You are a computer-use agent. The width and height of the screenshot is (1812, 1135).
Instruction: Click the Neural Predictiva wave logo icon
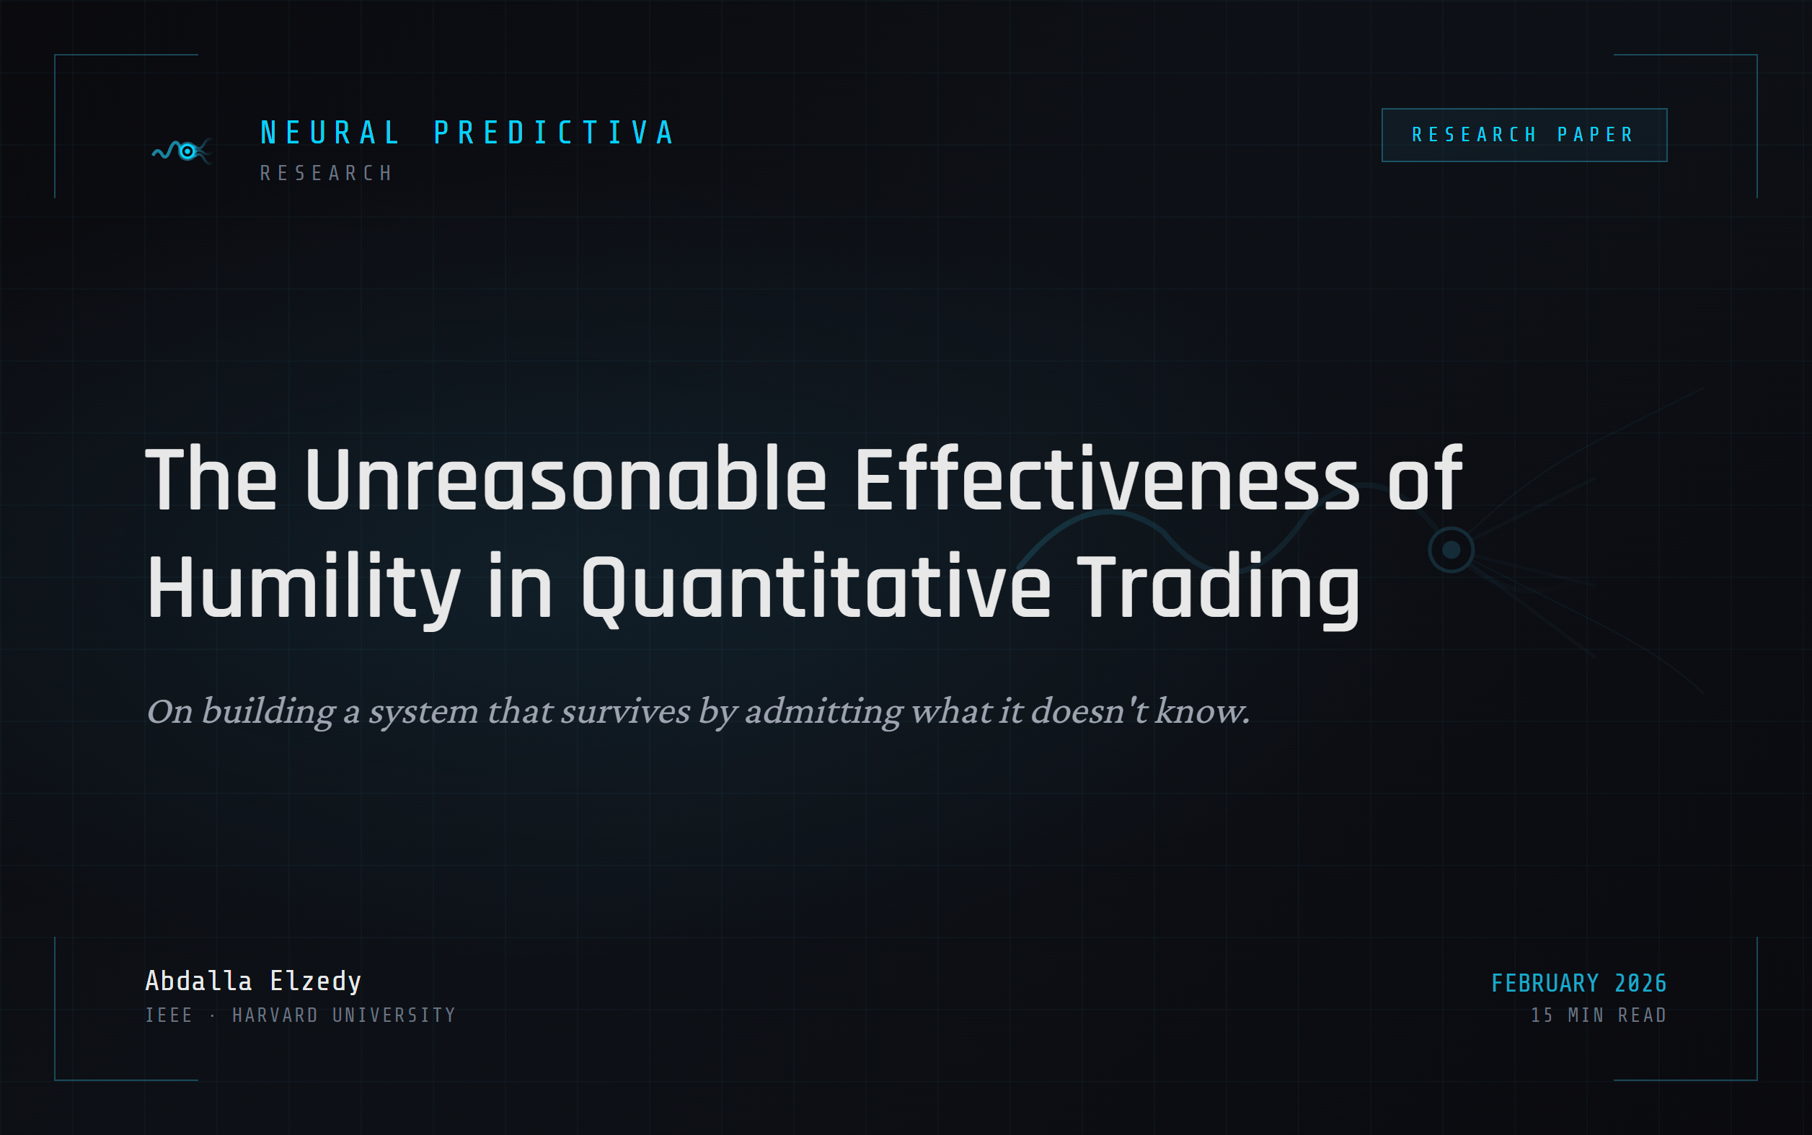[x=182, y=151]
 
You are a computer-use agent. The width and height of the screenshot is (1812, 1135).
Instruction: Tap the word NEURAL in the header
[x=330, y=133]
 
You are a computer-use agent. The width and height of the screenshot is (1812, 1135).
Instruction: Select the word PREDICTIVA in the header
[x=554, y=133]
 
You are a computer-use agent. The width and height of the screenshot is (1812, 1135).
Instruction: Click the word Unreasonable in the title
[x=565, y=479]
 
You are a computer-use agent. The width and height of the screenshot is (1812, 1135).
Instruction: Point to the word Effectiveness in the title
[x=1106, y=479]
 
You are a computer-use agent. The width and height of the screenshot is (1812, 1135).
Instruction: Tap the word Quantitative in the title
[x=816, y=587]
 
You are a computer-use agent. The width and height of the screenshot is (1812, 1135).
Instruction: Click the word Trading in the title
[x=1218, y=587]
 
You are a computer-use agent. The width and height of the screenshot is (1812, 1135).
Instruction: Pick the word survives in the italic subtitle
[x=624, y=712]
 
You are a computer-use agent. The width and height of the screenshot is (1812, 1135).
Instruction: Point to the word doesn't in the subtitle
[x=1089, y=712]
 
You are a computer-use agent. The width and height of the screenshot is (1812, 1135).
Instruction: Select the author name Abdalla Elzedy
[x=253, y=981]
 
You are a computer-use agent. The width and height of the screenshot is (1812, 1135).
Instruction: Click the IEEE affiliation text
[x=169, y=1015]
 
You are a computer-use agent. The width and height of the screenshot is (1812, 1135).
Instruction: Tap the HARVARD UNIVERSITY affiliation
[x=344, y=1015]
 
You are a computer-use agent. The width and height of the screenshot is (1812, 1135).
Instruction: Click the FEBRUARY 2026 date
[x=1578, y=984]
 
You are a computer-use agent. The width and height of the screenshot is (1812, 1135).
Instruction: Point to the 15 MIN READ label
[x=1598, y=1015]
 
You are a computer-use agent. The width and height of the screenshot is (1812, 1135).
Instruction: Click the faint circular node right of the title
[x=1451, y=551]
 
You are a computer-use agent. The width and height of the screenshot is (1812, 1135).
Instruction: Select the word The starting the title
[x=211, y=479]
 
